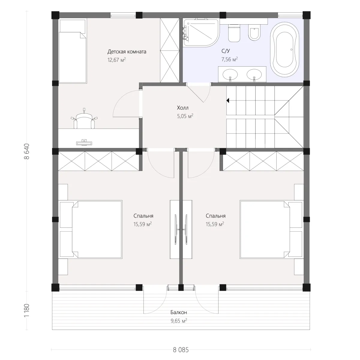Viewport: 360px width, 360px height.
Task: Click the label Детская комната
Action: [127, 52]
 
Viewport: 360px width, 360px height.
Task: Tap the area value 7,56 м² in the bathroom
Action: [229, 59]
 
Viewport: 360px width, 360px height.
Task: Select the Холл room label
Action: [182, 108]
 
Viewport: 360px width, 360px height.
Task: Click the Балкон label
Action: [178, 312]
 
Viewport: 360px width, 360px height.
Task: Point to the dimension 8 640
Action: [27, 151]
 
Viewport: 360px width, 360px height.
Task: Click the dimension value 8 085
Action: [181, 350]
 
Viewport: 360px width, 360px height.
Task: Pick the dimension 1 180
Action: [27, 310]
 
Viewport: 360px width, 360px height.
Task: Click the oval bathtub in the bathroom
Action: [284, 49]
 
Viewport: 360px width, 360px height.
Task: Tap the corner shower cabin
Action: [201, 32]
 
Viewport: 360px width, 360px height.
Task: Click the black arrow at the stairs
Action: [228, 100]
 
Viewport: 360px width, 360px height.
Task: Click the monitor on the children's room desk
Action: [84, 143]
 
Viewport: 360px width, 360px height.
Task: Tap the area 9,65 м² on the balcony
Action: [178, 321]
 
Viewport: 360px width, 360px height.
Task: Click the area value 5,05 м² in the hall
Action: [185, 116]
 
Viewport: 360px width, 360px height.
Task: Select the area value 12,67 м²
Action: [116, 60]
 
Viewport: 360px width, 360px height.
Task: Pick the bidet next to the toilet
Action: [254, 32]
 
